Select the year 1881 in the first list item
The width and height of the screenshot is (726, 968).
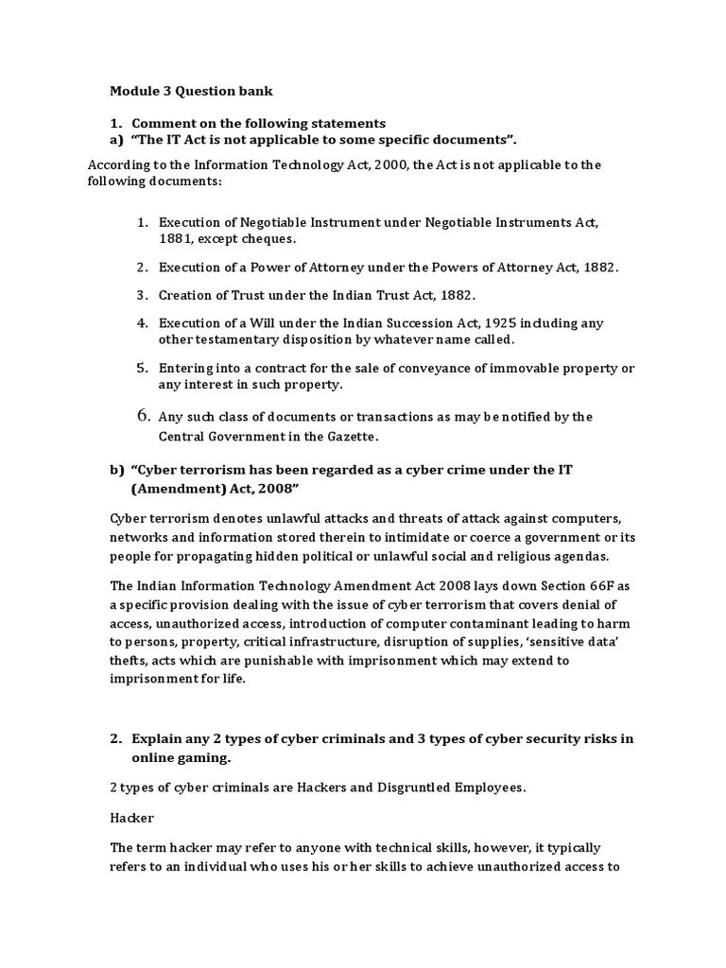[177, 239]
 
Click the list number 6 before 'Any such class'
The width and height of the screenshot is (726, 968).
[144, 415]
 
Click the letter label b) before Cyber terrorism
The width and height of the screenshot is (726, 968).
[117, 471]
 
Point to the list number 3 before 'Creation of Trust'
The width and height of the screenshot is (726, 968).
[144, 294]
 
